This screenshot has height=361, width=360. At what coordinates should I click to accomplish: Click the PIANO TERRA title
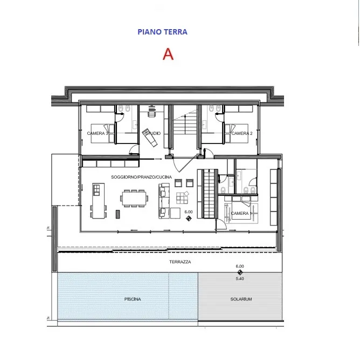pos(162,32)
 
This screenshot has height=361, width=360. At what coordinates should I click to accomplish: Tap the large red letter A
pos(168,54)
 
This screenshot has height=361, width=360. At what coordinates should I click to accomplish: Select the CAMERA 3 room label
pos(98,133)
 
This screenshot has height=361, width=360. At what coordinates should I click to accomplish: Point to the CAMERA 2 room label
pos(242,133)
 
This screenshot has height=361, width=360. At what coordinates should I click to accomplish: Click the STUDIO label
pos(153,133)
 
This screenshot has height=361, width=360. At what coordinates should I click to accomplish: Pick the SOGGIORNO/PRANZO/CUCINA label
pos(141,177)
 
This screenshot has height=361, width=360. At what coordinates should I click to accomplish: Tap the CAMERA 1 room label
pos(241,214)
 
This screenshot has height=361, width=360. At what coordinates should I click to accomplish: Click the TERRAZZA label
pos(180,262)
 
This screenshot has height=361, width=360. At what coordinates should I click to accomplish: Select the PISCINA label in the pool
pos(133,299)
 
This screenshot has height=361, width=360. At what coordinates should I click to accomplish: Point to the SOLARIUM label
pos(241,299)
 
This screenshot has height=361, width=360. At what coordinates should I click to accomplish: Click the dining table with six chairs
pos(134,198)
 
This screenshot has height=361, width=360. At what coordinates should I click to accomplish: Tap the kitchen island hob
pos(96,190)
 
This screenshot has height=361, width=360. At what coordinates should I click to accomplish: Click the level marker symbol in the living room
pos(189,218)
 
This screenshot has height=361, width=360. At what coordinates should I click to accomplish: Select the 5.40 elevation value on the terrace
pos(240,278)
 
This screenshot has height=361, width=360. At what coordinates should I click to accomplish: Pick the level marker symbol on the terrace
pos(240,273)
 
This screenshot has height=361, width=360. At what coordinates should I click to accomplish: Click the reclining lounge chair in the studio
pos(150,138)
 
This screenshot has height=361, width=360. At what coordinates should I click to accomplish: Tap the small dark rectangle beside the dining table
pos(117,214)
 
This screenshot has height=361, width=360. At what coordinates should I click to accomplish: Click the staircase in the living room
pos(209,194)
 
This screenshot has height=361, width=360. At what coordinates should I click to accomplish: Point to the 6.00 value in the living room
pos(189,212)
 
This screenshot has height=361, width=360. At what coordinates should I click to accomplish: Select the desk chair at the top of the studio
pos(151,112)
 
